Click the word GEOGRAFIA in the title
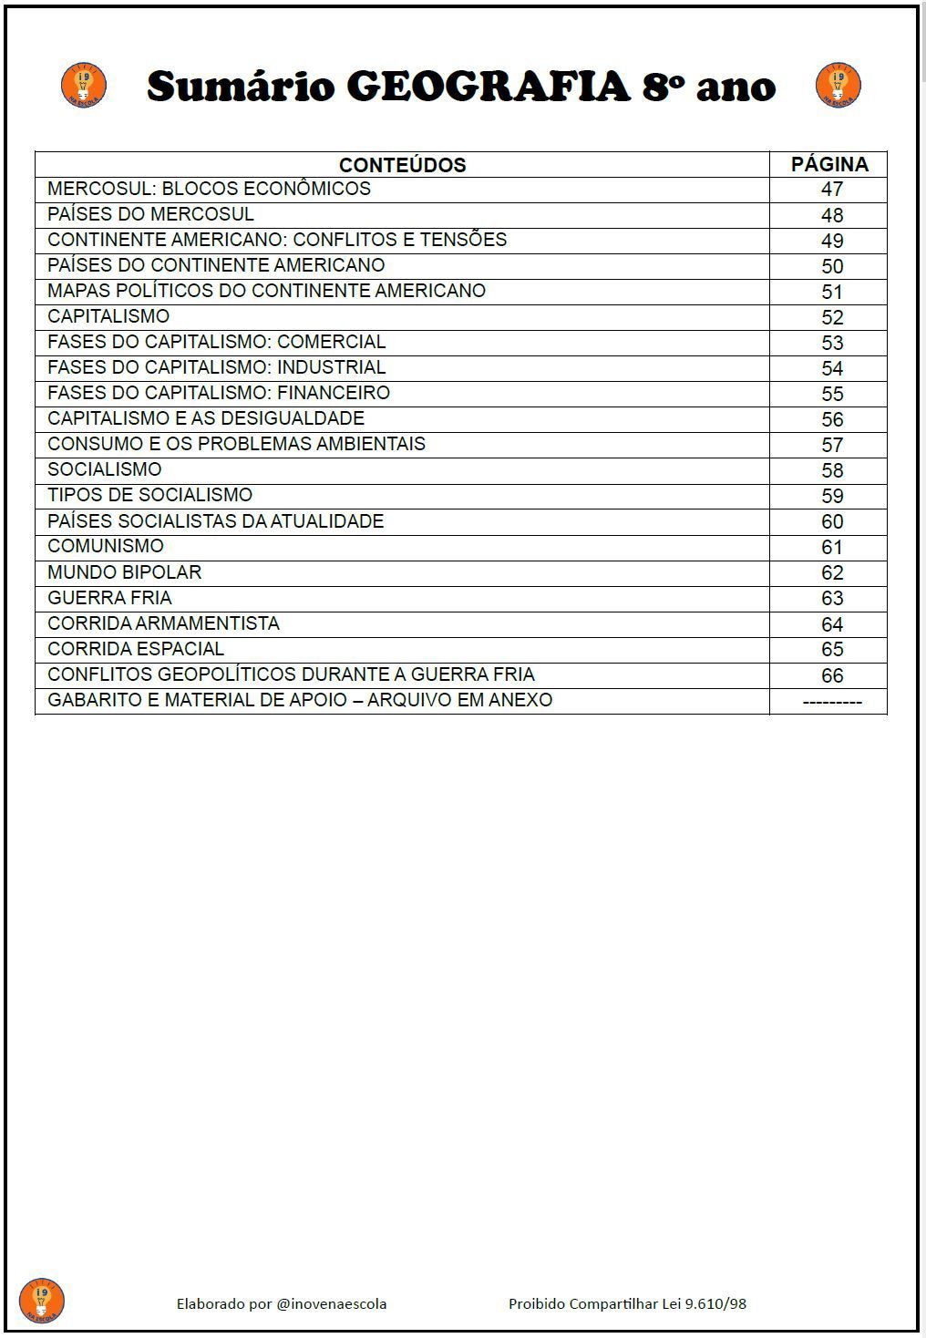click(489, 87)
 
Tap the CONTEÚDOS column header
click(402, 165)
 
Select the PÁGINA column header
click(829, 164)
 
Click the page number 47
click(831, 190)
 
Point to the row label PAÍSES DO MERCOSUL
click(150, 214)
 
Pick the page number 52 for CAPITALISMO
click(831, 317)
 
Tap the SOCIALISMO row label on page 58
click(104, 469)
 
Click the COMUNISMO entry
click(106, 546)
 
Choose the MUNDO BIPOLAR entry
click(124, 572)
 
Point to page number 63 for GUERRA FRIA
click(831, 598)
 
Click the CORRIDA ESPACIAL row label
click(135, 649)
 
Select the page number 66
click(831, 675)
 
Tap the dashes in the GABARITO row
click(831, 702)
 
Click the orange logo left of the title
click(84, 86)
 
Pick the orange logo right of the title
click(839, 86)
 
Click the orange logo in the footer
click(42, 1301)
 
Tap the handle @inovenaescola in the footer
click(332, 1304)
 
